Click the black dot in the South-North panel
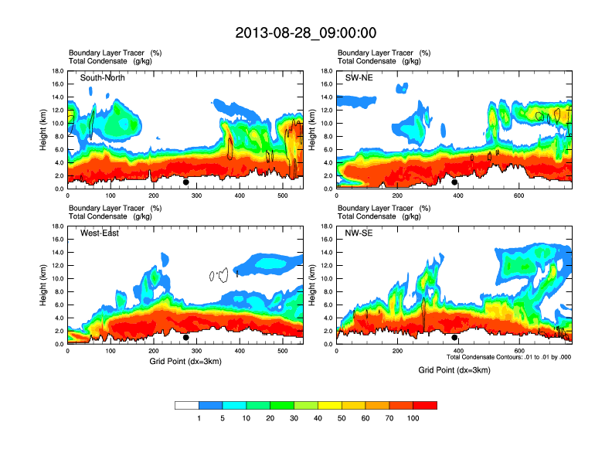186,182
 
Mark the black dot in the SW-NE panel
454,182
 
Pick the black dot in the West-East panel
186,338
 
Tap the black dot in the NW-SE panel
454,338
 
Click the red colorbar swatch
425,405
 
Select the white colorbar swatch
187,405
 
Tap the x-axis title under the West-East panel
185,361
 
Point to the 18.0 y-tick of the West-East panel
57,226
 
